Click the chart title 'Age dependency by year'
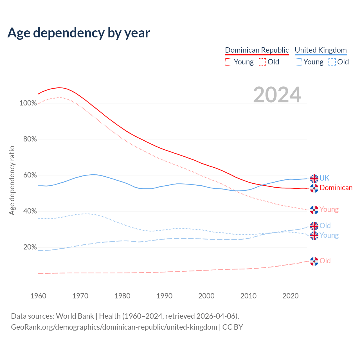point(79,33)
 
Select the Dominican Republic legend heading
point(257,50)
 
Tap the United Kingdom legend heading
point(321,50)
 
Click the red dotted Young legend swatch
point(229,62)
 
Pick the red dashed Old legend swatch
point(262,62)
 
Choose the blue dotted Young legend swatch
point(298,62)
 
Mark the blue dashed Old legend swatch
point(332,62)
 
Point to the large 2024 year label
point(277,95)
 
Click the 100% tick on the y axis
point(28,103)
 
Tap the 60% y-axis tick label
point(30,175)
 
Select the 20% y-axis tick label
point(30,247)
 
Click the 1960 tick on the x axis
point(38,296)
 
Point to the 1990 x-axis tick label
point(164,296)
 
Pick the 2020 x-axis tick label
point(290,296)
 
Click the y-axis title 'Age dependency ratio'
point(12,180)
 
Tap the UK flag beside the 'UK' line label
point(314,178)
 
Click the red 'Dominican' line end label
point(336,188)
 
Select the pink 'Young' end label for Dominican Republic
point(329,210)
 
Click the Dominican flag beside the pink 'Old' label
point(314,261)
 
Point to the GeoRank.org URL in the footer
point(114,327)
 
